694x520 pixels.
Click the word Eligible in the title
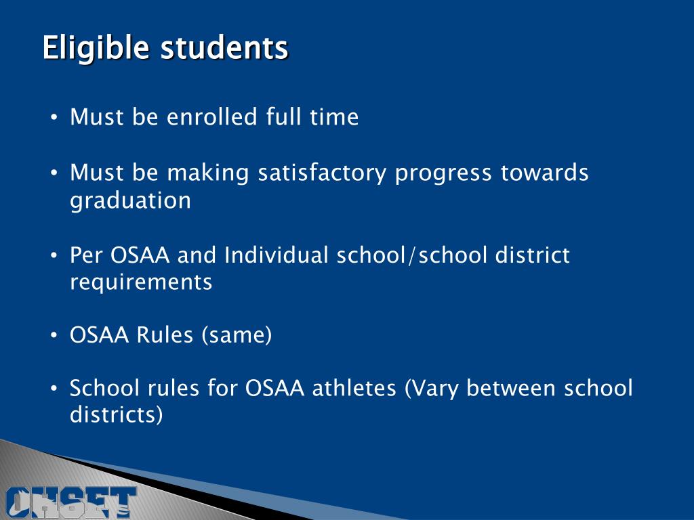(96, 49)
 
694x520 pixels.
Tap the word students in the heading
(224, 49)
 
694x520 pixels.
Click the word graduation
(130, 201)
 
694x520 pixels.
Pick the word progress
(443, 174)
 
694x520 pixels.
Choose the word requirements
(141, 282)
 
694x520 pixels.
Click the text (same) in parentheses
(236, 335)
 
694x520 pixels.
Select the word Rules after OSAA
(165, 335)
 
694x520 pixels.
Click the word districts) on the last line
(117, 415)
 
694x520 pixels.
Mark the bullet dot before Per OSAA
(55, 257)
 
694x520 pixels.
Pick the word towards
(544, 173)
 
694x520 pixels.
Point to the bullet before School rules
(55, 390)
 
